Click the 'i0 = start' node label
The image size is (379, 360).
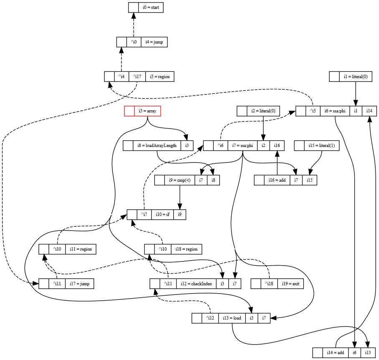[x=150, y=8]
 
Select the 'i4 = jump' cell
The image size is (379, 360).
[x=154, y=42]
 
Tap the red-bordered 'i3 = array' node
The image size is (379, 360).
[x=147, y=111]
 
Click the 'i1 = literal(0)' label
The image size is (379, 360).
[x=355, y=76]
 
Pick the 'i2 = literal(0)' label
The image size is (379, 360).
[x=263, y=111]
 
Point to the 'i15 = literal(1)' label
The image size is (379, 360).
[x=321, y=146]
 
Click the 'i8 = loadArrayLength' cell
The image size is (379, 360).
[x=157, y=146]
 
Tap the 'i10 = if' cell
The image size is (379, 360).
[x=162, y=215]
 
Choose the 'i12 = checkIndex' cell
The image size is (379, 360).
[x=196, y=284]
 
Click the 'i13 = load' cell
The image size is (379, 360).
[x=231, y=318]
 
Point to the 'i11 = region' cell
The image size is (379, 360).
[x=81, y=249]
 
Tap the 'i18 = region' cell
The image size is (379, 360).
[x=186, y=249]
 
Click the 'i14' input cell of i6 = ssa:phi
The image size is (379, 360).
[x=369, y=111]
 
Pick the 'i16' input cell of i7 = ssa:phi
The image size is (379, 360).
[x=277, y=146]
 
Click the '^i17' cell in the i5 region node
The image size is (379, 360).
[x=137, y=76]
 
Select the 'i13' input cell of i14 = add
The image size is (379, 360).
[x=368, y=353]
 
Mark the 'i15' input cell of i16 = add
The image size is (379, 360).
[x=309, y=180]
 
